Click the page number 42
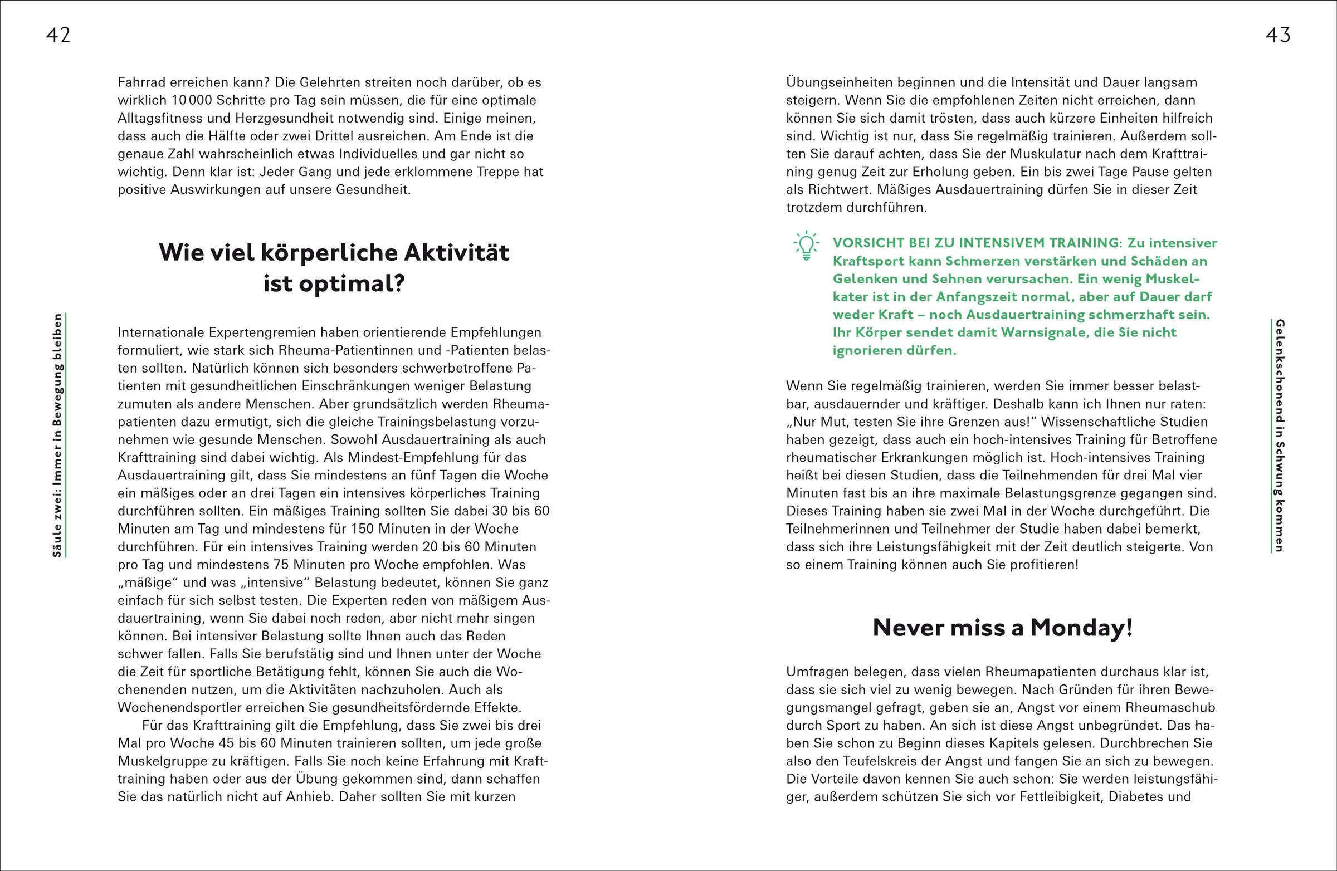pyautogui.click(x=58, y=36)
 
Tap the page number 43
pyautogui.click(x=1277, y=36)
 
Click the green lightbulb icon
pyautogui.click(x=806, y=246)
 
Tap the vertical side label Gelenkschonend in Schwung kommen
pyautogui.click(x=1280, y=435)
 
